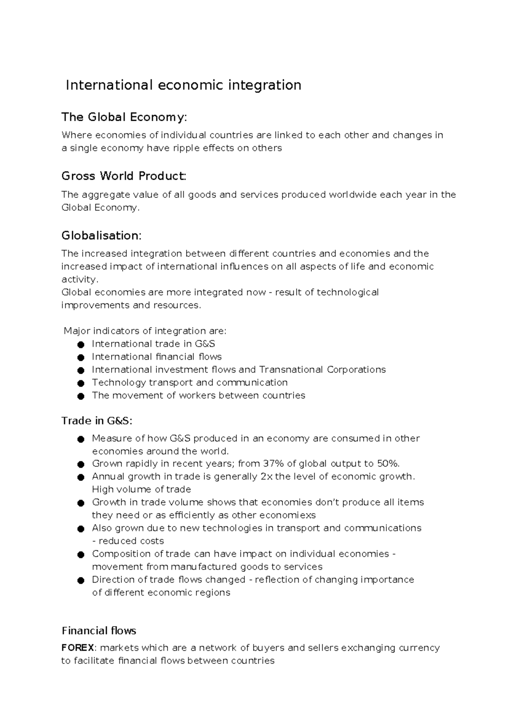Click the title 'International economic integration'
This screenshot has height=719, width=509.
tap(183, 85)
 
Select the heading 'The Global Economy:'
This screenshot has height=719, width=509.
tap(124, 117)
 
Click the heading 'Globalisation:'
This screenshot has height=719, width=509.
tap(101, 235)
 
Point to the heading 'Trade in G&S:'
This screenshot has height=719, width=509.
tap(97, 421)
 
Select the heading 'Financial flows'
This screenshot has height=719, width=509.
tap(99, 631)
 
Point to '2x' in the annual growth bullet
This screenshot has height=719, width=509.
tap(266, 477)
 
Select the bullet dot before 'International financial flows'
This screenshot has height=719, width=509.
tap(81, 358)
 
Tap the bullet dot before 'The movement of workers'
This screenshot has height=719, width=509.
tap(81, 396)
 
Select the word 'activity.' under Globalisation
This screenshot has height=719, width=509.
tap(80, 280)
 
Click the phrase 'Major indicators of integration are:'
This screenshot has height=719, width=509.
tap(145, 331)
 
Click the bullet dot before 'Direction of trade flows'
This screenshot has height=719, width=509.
tap(81, 580)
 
